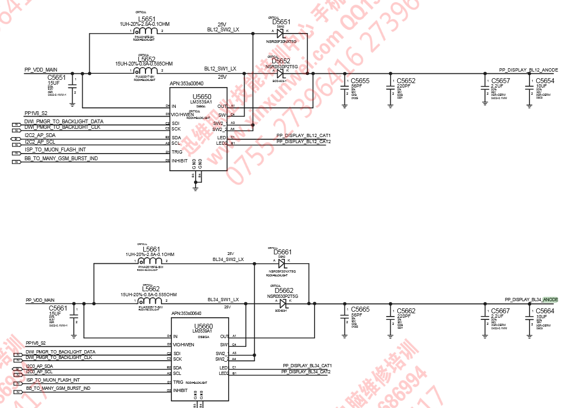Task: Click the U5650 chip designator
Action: tap(202, 96)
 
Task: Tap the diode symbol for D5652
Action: tap(280, 73)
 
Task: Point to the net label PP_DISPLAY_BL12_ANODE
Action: tap(528, 70)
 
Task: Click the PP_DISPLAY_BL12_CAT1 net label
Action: tap(303, 135)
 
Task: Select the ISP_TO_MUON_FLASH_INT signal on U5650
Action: tap(55, 150)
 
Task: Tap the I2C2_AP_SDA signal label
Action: tap(40, 135)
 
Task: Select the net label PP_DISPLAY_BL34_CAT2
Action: tap(306, 372)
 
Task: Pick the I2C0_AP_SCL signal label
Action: tap(39, 372)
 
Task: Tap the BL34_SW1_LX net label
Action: tap(223, 300)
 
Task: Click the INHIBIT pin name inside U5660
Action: tap(181, 390)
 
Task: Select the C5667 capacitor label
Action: tap(500, 311)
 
